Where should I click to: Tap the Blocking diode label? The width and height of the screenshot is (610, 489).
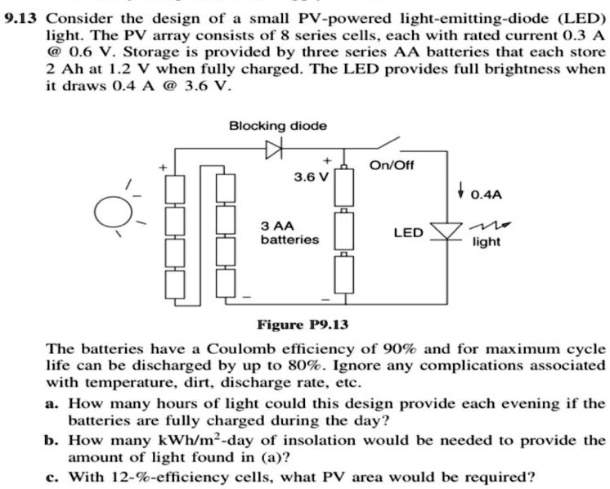coord(277,125)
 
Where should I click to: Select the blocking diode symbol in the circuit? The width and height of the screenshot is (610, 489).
coord(272,150)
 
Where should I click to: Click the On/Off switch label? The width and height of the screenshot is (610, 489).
coord(392,166)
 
